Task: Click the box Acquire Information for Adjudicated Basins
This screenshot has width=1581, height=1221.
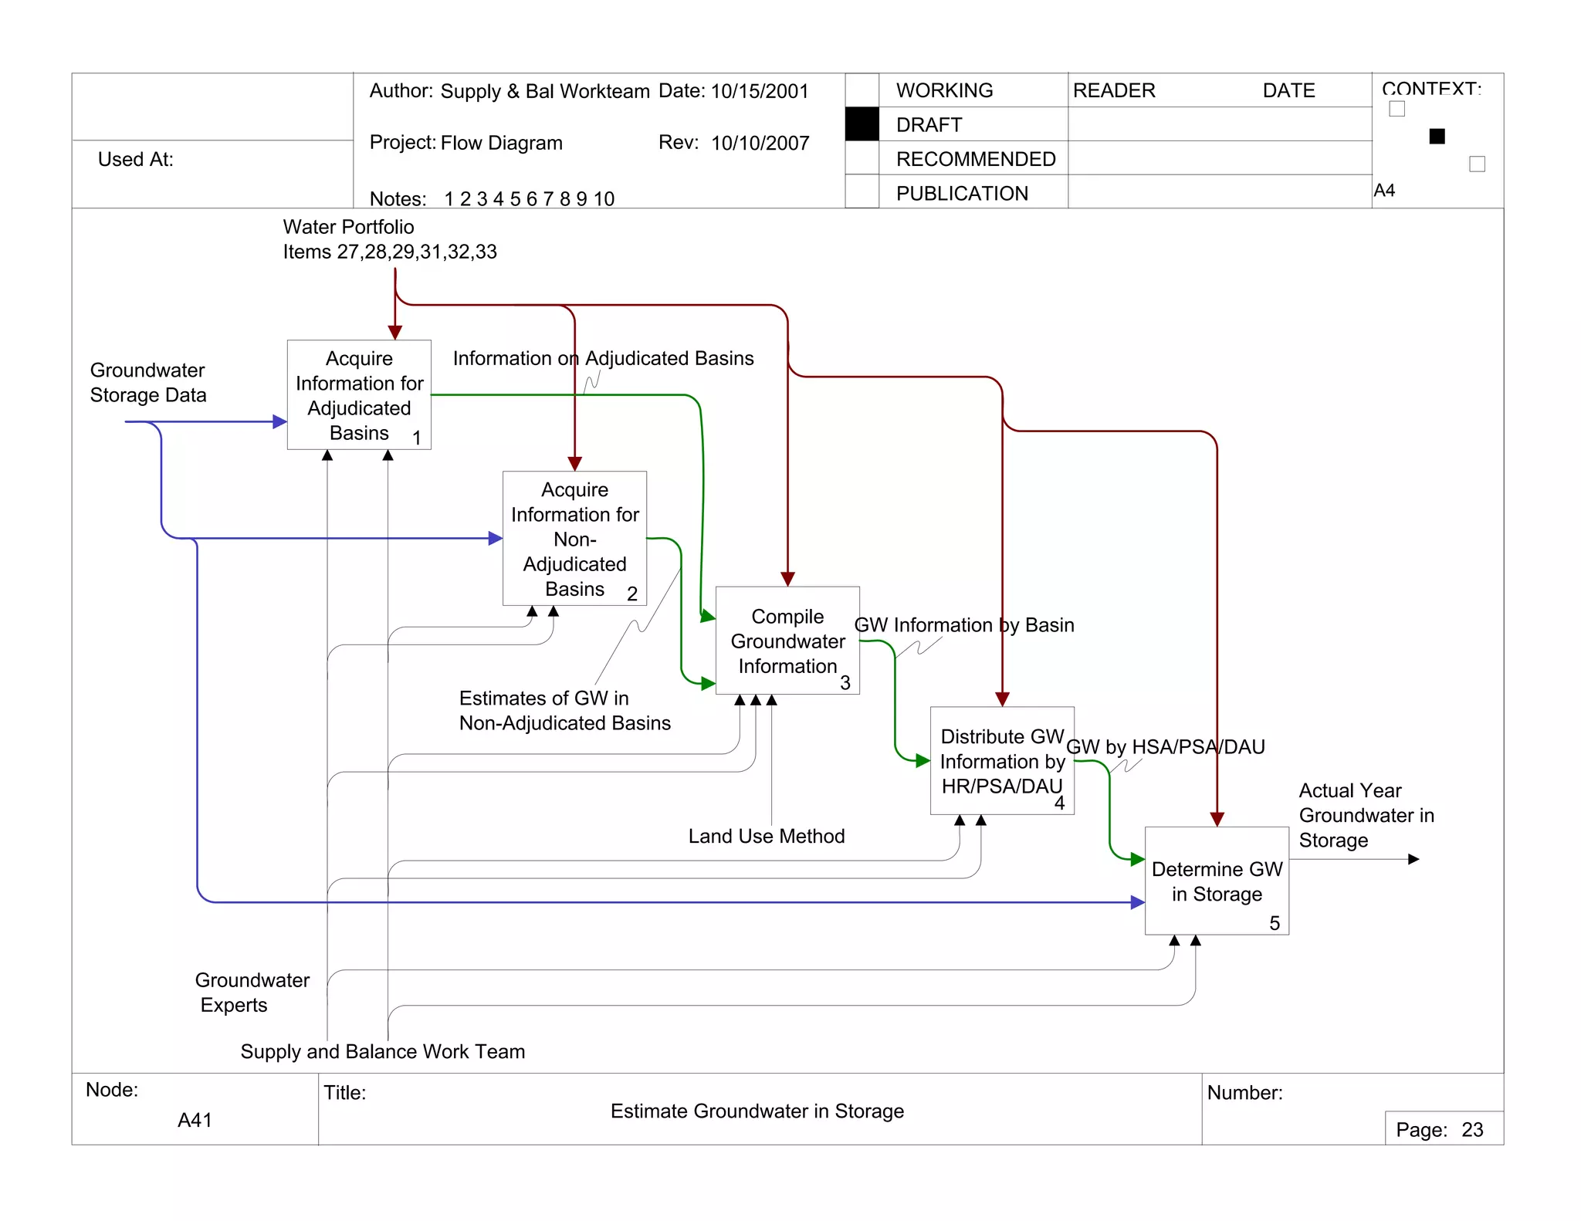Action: point(359,395)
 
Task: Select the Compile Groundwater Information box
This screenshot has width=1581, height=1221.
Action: point(787,641)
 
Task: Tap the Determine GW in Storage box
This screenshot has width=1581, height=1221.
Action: point(1217,881)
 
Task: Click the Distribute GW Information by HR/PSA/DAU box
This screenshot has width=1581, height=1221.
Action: point(1002,761)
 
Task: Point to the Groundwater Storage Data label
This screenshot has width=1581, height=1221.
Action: point(148,383)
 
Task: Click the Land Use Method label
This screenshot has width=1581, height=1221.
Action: point(766,837)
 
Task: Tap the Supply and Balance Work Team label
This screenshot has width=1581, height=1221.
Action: point(382,1052)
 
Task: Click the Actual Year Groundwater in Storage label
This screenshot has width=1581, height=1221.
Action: point(1366,816)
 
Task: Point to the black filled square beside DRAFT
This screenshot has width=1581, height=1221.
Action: point(862,124)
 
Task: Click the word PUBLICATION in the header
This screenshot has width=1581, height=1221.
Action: point(962,194)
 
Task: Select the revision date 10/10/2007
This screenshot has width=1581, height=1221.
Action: point(760,144)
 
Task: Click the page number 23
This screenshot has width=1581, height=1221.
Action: point(1472,1130)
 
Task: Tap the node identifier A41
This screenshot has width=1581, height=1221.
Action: point(195,1120)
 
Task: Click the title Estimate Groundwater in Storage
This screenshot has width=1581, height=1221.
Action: point(757,1111)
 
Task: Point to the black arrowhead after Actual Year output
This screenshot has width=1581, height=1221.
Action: point(1413,859)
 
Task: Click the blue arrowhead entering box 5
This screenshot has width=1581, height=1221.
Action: point(1138,902)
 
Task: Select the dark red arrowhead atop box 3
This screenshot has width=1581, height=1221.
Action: point(787,579)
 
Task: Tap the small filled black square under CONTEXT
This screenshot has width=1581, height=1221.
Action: point(1437,137)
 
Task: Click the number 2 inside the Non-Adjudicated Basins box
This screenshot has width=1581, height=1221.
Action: point(632,594)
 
